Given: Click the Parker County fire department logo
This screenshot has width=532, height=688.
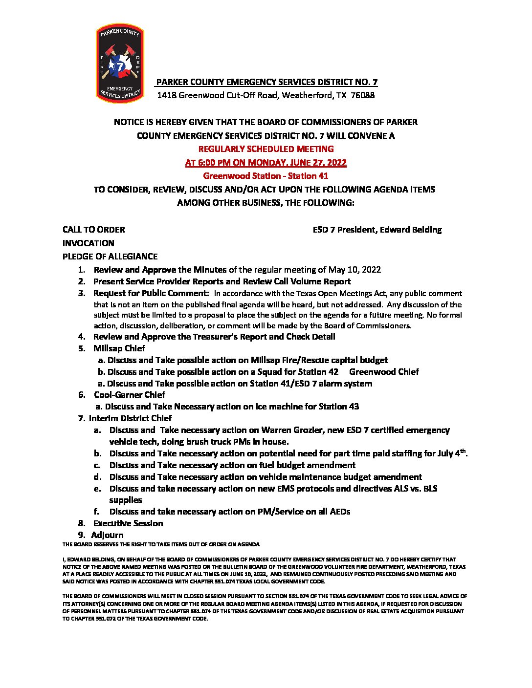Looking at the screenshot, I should click(x=120, y=64).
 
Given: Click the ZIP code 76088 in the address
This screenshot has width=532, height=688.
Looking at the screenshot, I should click(x=363, y=95).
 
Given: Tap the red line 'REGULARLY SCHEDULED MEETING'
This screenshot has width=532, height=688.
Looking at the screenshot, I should click(x=266, y=149).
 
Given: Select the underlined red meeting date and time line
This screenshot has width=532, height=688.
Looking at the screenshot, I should click(x=266, y=163).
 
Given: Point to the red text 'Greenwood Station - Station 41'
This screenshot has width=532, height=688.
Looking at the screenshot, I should click(x=266, y=176).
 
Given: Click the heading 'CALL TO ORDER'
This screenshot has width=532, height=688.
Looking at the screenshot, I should click(x=93, y=230).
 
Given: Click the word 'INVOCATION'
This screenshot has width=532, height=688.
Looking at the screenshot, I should click(x=88, y=243).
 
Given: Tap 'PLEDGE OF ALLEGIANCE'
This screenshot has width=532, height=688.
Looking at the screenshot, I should click(x=110, y=257).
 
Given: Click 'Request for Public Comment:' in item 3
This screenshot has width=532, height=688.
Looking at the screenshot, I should click(x=151, y=294).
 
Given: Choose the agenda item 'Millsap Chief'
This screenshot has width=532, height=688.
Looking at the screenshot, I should click(x=119, y=348).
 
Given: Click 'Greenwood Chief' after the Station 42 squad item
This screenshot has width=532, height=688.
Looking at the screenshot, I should click(x=384, y=372).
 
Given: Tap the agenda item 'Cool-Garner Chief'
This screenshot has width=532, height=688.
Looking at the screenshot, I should click(x=130, y=395).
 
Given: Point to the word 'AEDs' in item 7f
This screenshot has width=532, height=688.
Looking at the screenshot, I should click(x=340, y=512).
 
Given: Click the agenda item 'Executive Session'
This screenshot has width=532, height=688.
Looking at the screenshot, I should click(x=128, y=523).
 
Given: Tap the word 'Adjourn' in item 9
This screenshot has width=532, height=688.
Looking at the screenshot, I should click(x=107, y=535).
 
